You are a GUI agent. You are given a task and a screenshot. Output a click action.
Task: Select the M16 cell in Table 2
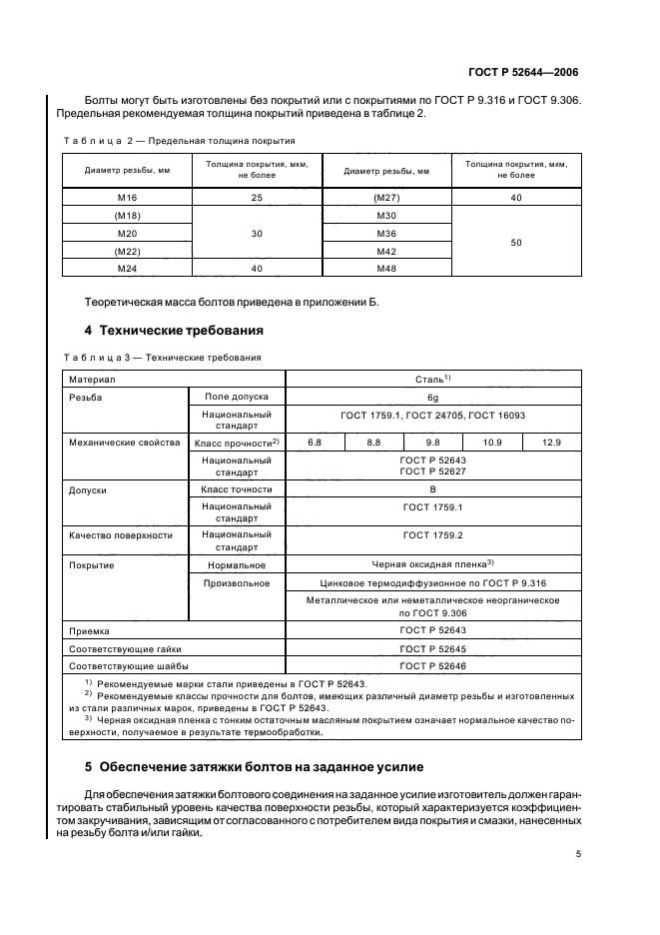[126, 198]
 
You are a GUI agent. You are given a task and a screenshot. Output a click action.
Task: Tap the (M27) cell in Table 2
[386, 198]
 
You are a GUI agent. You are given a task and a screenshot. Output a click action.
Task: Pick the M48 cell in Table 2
[386, 268]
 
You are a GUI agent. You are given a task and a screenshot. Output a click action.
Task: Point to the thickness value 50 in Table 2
[515, 241]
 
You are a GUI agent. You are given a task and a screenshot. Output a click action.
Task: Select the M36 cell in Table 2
[386, 233]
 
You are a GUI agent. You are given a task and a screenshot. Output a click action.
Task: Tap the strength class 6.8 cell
[316, 442]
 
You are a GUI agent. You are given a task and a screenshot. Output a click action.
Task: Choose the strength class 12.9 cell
[551, 442]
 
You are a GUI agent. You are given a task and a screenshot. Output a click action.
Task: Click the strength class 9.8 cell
[432, 442]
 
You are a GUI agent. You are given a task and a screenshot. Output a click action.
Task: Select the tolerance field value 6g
[432, 397]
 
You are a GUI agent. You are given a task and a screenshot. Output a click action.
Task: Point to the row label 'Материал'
[92, 380]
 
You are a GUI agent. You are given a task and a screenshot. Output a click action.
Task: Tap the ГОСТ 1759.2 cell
[432, 535]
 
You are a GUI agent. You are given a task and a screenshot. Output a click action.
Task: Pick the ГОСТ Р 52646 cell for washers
[432, 664]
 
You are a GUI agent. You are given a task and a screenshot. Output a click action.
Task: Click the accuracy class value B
[432, 489]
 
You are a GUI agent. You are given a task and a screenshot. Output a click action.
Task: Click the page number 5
[578, 854]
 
